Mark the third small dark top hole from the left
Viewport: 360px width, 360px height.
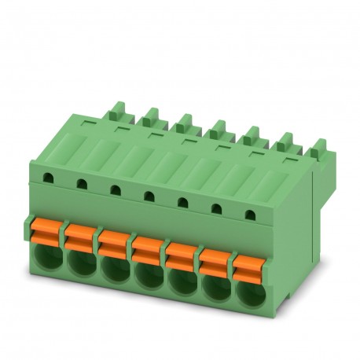click(x=115, y=189)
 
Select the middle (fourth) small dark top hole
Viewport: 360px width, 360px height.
click(x=148, y=195)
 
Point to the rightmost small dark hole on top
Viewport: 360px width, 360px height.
click(x=250, y=212)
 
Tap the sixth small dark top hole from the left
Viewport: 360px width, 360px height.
click(x=217, y=207)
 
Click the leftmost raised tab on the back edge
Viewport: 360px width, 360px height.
click(x=117, y=109)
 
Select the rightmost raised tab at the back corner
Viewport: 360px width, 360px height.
click(x=319, y=147)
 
